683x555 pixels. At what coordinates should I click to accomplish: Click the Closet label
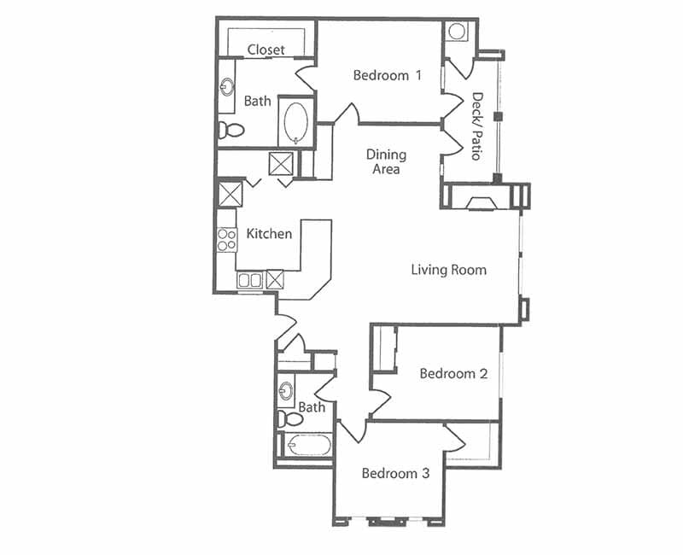click(266, 50)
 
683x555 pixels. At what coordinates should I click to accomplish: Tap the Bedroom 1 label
click(387, 75)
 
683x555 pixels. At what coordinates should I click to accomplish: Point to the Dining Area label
click(386, 161)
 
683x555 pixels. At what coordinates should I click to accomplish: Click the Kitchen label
click(269, 233)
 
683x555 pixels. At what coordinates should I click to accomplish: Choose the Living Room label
click(448, 270)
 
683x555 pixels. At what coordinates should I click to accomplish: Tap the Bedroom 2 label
click(453, 373)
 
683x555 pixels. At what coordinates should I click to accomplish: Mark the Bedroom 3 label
click(389, 473)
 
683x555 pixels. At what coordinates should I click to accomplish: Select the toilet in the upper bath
click(231, 130)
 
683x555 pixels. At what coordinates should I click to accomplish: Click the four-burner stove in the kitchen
click(226, 240)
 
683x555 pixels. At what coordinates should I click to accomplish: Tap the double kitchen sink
click(250, 279)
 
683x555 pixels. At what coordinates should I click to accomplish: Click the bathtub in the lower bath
click(307, 446)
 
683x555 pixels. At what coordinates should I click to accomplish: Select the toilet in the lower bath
click(290, 418)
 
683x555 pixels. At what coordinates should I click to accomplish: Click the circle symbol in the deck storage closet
click(457, 32)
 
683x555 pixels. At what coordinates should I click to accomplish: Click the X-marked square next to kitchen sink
click(275, 279)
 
